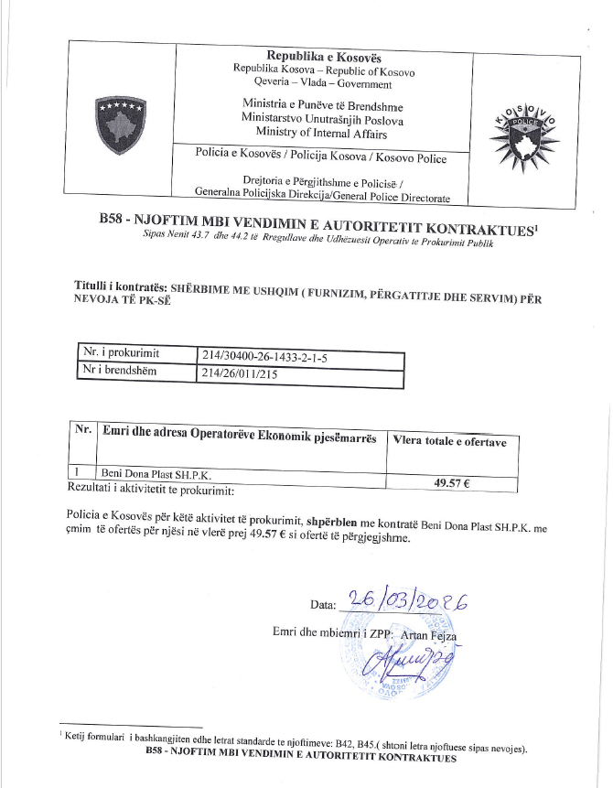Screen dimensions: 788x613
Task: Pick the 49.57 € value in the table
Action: point(449,482)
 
